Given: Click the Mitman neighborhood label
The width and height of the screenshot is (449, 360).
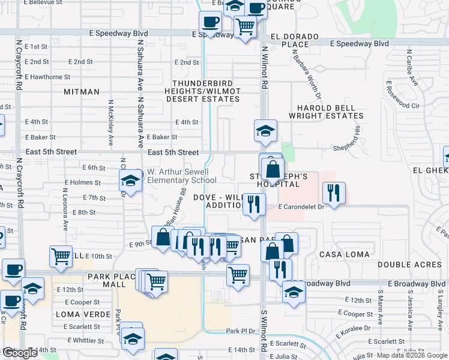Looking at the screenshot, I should pos(81,92).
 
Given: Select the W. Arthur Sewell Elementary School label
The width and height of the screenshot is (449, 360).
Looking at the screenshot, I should pos(182,176).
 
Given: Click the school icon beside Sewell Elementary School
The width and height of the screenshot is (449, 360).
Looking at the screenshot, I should pos(130,181).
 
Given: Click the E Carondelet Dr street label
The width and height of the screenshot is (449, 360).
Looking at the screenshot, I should pos(301,207).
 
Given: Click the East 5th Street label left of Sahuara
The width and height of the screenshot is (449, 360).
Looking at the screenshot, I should pos(53,152).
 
